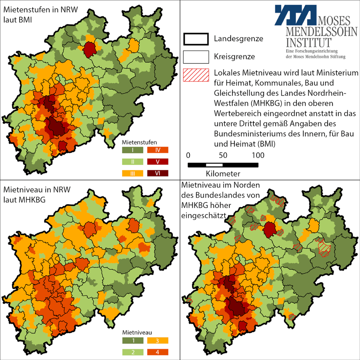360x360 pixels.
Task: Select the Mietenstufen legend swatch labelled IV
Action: point(158,149)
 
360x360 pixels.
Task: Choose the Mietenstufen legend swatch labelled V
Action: point(158,161)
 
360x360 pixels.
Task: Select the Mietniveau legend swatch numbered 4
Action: point(158,352)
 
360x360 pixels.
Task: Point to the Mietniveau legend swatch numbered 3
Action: point(158,340)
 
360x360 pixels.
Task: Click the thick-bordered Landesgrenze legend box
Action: point(196,39)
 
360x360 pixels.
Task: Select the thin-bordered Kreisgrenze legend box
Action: point(196,57)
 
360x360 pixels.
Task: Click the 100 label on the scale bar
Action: point(258,156)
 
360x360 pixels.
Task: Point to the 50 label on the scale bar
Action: point(223,156)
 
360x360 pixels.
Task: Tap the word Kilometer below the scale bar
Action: point(223,174)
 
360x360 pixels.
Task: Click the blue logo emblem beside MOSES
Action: point(296,14)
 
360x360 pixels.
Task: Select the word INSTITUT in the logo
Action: point(309,42)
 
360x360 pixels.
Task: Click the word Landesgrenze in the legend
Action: point(238,39)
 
